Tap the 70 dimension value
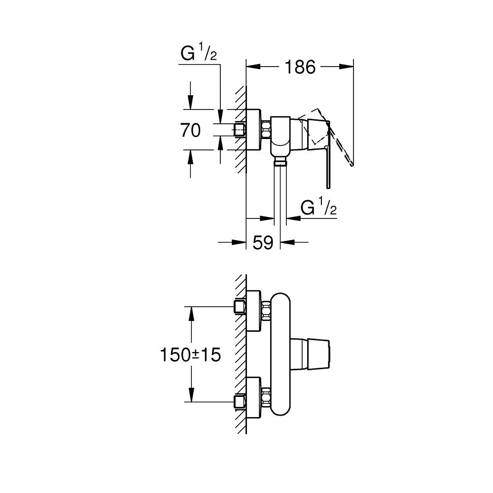[x=190, y=131]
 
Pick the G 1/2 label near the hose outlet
[x=318, y=209]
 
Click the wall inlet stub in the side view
[x=240, y=130]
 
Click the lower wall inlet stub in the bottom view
[x=240, y=402]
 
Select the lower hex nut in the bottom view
[x=267, y=399]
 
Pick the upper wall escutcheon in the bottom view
[x=253, y=311]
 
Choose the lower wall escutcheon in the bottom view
[x=253, y=398]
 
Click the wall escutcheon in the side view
[x=253, y=130]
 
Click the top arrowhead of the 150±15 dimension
[x=190, y=311]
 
